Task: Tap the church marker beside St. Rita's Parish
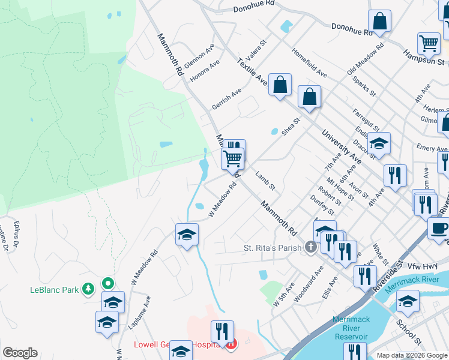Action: click(x=310, y=247)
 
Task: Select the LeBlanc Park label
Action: click(x=55, y=290)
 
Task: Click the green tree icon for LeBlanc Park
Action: click(x=88, y=290)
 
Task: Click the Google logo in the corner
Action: click(x=20, y=353)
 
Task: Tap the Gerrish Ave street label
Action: click(x=226, y=99)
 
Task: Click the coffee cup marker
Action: click(x=439, y=228)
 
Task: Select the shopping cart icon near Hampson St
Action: click(x=429, y=43)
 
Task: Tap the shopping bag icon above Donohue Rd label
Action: click(x=379, y=22)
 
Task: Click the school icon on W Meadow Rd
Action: click(x=187, y=234)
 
